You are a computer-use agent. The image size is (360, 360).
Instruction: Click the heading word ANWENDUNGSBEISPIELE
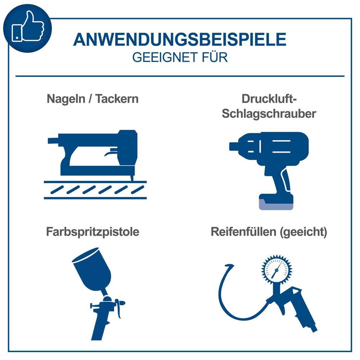(180, 40)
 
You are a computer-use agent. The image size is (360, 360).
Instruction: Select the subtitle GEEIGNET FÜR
(180, 58)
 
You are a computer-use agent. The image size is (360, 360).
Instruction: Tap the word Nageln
(66, 99)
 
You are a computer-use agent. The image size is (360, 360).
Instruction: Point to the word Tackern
(117, 99)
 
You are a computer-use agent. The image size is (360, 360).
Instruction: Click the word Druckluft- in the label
(269, 99)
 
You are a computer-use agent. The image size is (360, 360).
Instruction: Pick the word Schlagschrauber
(269, 114)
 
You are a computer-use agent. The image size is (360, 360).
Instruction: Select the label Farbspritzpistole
(93, 232)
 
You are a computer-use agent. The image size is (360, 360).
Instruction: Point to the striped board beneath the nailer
(95, 189)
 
